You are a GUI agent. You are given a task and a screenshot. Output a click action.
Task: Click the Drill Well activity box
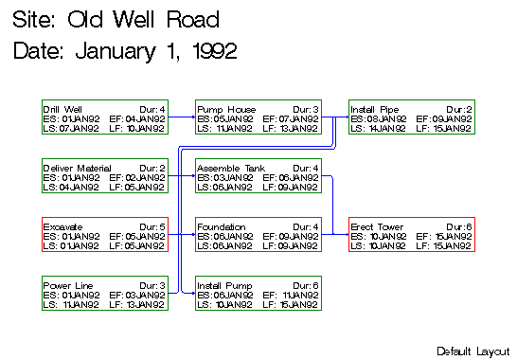click(x=105, y=118)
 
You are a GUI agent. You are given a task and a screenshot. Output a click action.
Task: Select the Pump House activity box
click(x=258, y=118)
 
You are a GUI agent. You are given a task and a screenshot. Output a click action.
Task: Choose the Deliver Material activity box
click(x=105, y=177)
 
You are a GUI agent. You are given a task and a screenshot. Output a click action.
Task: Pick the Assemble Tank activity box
click(x=258, y=177)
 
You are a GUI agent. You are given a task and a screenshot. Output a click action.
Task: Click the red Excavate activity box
click(x=105, y=236)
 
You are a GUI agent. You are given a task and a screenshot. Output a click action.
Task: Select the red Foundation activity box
click(x=258, y=236)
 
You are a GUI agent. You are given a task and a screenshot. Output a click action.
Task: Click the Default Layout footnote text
click(x=472, y=351)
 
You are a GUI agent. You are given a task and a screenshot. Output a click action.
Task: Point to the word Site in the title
click(x=34, y=20)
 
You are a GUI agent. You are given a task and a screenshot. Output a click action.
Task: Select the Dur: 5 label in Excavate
click(x=152, y=227)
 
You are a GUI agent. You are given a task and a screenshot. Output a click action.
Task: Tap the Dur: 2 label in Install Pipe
click(x=459, y=110)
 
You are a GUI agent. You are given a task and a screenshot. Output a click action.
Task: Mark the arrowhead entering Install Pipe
click(x=346, y=118)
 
